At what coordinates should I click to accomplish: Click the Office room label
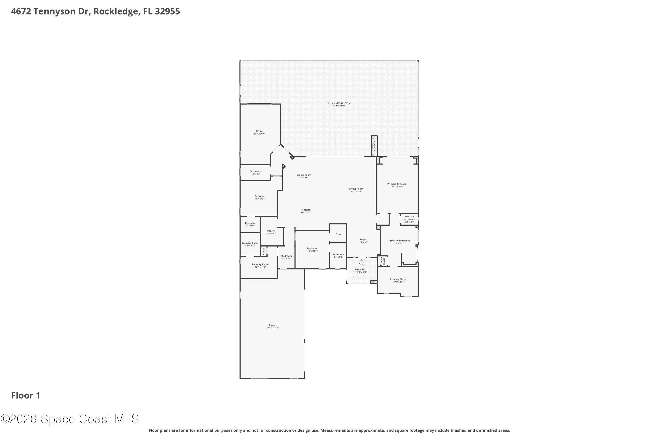click(259, 131)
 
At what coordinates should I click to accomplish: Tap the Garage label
click(273, 325)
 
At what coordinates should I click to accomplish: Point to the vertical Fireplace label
click(374, 146)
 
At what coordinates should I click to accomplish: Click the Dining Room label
click(304, 175)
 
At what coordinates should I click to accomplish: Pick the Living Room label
click(356, 189)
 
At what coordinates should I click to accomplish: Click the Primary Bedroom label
click(397, 184)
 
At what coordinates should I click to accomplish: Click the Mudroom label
click(286, 256)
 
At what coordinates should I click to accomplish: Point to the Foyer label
click(363, 240)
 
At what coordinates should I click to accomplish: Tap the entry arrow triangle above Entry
click(361, 260)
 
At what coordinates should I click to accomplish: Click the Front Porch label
click(361, 270)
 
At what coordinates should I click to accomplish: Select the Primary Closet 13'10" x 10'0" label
click(398, 279)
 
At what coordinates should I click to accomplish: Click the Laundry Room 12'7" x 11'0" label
click(260, 264)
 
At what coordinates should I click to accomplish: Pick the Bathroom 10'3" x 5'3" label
click(255, 172)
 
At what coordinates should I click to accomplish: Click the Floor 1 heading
click(26, 396)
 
